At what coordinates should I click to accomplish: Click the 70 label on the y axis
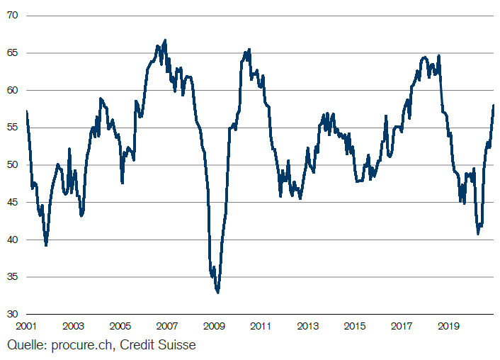coord(12,16)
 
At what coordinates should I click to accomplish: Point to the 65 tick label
coord(12,52)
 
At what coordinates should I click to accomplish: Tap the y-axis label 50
coord(12,164)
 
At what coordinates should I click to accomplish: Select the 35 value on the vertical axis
coord(12,276)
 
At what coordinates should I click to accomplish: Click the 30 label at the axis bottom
coord(12,314)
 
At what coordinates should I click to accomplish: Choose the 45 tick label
coord(12,202)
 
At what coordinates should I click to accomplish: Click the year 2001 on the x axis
coord(26,326)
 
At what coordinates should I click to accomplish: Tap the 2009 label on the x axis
coord(214,326)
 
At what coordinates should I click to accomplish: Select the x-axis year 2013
coord(307,326)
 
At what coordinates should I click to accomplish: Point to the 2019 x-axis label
coord(448,326)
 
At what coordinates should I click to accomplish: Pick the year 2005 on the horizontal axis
coord(120,326)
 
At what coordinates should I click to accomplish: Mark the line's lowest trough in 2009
coord(218,293)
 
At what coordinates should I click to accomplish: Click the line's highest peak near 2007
coord(165,40)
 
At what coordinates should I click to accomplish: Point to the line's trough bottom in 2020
coord(478,234)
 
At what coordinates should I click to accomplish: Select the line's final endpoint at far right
coord(494,105)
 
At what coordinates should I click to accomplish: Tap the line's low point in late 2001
coord(46,245)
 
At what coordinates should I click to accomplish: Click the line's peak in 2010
coord(249,50)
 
